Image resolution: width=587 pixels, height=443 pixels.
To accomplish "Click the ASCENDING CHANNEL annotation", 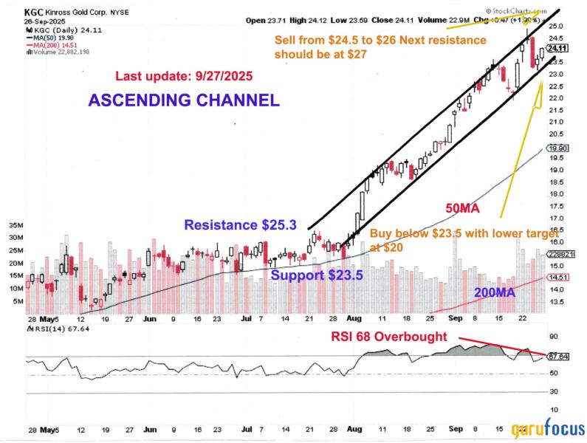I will pos(184,100).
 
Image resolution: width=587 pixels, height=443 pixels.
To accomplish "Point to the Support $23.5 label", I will pos(317,275).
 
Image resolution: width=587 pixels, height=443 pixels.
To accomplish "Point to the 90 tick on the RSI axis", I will pos(553,342).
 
